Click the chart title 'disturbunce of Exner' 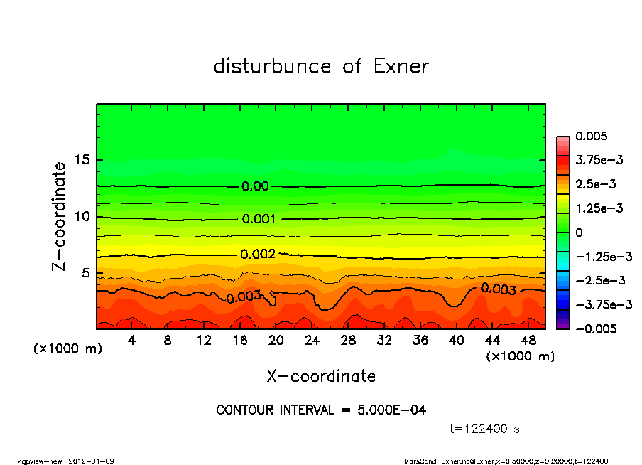pos(321,66)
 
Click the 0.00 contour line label pos(255,186)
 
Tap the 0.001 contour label pos(259,219)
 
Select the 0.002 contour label pos(257,254)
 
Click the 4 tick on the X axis pos(132,341)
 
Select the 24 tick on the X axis pos(312,341)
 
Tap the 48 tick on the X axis pos(528,341)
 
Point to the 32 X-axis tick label pos(385,341)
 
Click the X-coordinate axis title pos(321,375)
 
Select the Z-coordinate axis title pos(60,216)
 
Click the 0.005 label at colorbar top pos(589,137)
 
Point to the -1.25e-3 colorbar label pos(604,256)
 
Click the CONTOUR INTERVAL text pos(321,410)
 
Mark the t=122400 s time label pos(485,429)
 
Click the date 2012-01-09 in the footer pos(92,461)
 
